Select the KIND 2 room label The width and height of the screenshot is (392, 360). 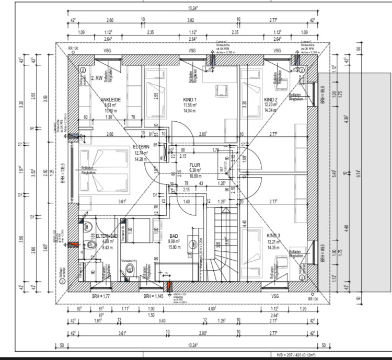(x=270, y=99)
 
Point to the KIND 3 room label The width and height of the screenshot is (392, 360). (x=273, y=236)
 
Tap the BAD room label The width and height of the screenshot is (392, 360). (x=174, y=236)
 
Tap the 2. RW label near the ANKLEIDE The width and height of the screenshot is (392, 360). (x=96, y=78)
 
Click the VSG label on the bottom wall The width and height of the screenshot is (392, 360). (x=275, y=296)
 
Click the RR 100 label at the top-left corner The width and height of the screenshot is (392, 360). (x=73, y=49)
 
